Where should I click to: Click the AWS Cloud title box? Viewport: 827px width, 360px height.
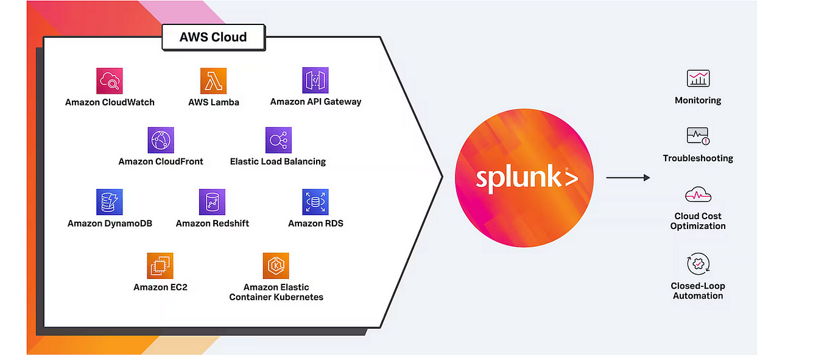[213, 38]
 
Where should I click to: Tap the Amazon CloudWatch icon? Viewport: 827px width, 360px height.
[110, 80]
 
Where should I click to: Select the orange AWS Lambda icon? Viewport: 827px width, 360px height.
[213, 80]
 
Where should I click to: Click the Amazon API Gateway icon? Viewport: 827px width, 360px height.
[315, 80]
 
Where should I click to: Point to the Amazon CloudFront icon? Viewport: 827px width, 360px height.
[161, 140]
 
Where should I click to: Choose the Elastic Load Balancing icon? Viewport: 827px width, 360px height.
[278, 140]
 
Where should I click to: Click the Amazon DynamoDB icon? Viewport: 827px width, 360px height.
[110, 202]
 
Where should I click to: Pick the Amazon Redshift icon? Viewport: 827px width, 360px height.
[212, 202]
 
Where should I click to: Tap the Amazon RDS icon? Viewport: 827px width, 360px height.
[315, 202]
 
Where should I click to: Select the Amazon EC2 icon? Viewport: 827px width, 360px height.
[160, 266]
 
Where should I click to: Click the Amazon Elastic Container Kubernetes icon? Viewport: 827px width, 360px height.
[276, 266]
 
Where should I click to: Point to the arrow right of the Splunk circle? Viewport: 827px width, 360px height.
[628, 177]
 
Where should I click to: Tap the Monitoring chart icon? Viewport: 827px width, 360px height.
[698, 79]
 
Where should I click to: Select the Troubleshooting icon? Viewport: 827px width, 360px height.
[698, 136]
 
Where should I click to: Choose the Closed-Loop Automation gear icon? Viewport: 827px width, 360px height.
[698, 264]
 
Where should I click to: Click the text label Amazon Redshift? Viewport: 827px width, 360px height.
[213, 224]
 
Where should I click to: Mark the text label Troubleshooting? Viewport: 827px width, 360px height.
[698, 158]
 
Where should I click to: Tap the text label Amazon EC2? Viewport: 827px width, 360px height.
[160, 287]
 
